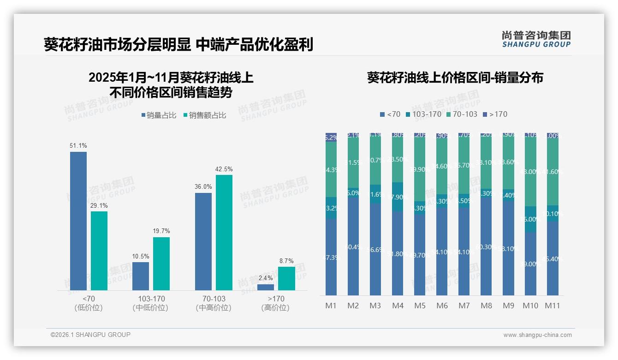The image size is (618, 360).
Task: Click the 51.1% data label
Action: [78, 145]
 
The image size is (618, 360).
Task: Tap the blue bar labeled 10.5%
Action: [140, 276]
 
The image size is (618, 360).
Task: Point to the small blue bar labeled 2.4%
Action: [265, 287]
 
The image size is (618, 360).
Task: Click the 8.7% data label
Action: [286, 261]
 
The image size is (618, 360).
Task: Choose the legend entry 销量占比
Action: [158, 115]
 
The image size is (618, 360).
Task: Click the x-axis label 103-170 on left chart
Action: [151, 299]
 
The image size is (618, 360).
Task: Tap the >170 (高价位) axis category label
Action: [275, 303]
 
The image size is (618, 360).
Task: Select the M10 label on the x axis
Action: [530, 306]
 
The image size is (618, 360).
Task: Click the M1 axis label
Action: [331, 306]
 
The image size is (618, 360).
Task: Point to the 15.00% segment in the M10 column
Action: [530, 219]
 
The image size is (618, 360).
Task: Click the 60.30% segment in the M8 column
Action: [486, 247]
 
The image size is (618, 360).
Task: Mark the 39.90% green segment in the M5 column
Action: [420, 169]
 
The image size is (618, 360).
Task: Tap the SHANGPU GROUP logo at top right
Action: [536, 39]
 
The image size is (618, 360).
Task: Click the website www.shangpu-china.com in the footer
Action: [537, 335]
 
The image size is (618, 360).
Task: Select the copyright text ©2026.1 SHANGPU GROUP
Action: [90, 335]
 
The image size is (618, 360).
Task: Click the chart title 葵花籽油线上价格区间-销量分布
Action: [455, 78]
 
